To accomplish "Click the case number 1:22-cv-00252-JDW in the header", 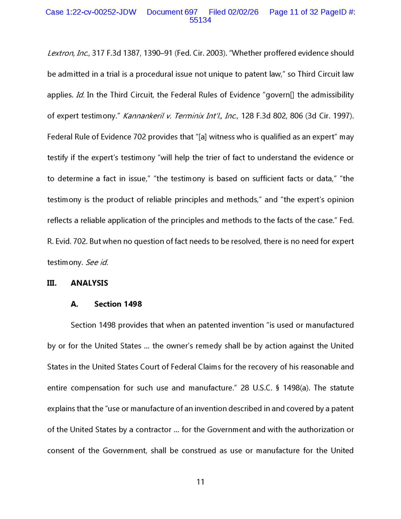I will pos(91,12).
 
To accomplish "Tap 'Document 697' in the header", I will pos(172,12).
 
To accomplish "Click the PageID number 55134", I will pos(200,20).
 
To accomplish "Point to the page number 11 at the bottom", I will pos(200,482).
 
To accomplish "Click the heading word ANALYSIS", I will pos(89,283).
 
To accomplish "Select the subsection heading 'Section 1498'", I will pos(118,304).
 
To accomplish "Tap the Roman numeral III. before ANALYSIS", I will pos(52,283).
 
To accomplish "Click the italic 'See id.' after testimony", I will pos(96,262).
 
